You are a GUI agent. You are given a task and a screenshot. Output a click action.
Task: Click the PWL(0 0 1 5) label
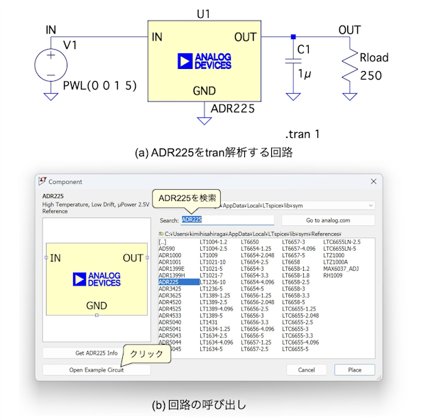click(99, 86)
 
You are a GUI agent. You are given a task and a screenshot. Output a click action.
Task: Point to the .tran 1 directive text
click(302, 134)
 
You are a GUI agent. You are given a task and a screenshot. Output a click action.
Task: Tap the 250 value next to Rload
click(371, 76)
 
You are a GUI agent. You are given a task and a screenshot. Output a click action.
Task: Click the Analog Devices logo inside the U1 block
click(205, 61)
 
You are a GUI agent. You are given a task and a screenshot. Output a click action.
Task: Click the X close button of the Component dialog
click(373, 182)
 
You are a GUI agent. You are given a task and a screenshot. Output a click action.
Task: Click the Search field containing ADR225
click(227, 220)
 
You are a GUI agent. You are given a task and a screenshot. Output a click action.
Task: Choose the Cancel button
click(306, 370)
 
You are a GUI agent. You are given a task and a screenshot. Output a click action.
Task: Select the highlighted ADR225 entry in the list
click(170, 281)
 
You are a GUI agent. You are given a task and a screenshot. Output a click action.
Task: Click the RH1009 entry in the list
click(332, 275)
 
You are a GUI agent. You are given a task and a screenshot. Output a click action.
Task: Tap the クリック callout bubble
click(145, 353)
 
